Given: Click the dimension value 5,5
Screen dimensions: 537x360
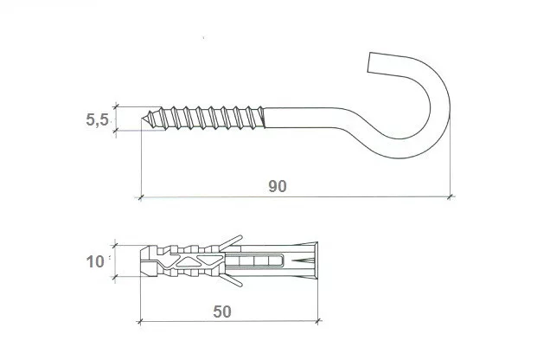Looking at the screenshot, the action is [97, 120].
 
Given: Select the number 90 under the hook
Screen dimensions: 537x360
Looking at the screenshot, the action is [278, 186].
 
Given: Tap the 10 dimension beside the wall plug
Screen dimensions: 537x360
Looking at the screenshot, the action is [95, 262].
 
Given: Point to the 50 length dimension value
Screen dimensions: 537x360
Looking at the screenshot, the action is [222, 312].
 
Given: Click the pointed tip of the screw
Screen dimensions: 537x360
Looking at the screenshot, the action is [142, 119].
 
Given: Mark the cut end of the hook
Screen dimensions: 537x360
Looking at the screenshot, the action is [369, 62].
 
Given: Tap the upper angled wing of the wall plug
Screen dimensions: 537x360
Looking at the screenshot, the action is [230, 242].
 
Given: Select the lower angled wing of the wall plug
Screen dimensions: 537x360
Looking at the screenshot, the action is [230, 280].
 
